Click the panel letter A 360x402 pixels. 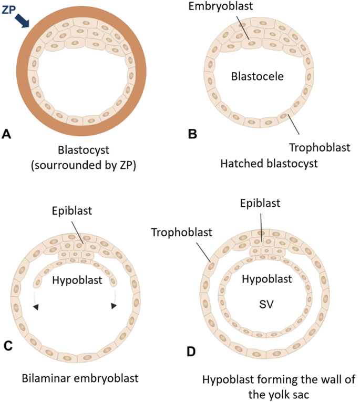click(x=6, y=134)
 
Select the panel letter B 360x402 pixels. click(x=192, y=134)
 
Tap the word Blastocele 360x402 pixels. click(x=258, y=76)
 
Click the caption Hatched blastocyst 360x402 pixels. click(x=270, y=164)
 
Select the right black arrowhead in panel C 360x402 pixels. click(x=114, y=306)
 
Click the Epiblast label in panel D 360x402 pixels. click(x=261, y=203)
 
